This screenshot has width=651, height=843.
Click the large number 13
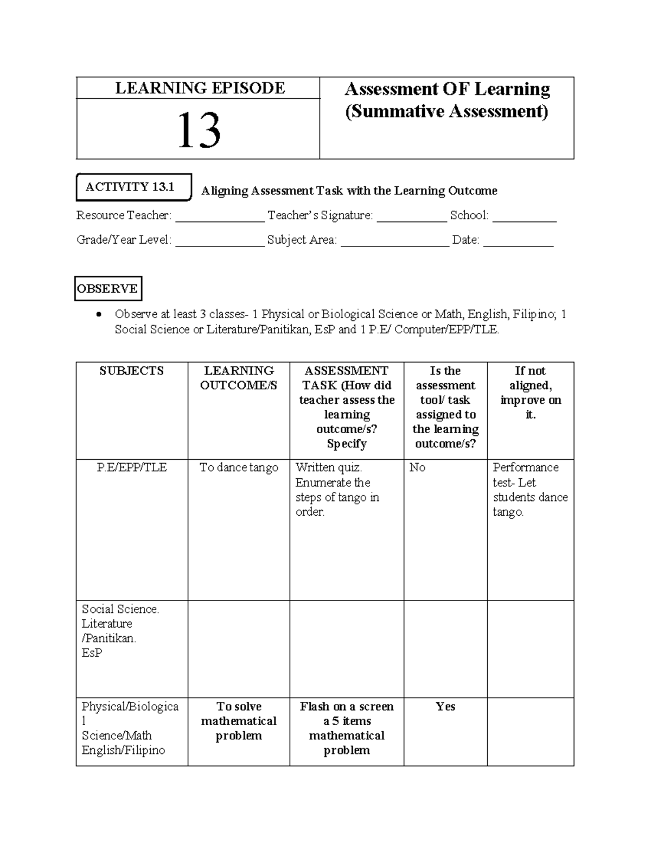tap(199, 131)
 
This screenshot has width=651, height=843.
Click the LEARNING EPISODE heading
tap(200, 88)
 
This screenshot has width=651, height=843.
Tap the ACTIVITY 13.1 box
tap(133, 187)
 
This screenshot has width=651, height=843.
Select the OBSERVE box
tap(107, 289)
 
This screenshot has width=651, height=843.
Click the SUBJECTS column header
tap(132, 371)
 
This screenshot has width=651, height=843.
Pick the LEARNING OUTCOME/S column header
tap(239, 378)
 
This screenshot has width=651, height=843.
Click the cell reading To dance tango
tap(239, 468)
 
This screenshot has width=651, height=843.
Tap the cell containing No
tap(418, 468)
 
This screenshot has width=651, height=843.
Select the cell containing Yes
tap(445, 707)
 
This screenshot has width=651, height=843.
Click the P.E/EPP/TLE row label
tap(132, 468)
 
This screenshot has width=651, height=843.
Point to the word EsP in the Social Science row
tap(92, 653)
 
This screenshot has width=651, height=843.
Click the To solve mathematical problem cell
tap(239, 721)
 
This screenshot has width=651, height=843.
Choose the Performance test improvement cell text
tap(530, 490)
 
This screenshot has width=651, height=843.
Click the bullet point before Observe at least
tap(98, 315)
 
